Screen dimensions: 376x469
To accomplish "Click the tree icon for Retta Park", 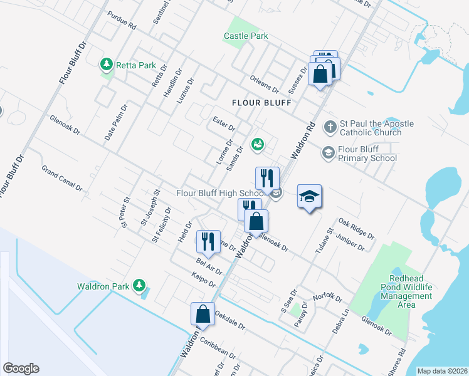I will click(107, 64).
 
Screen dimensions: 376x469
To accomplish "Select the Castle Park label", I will click(246, 36).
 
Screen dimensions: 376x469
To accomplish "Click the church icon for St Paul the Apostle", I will click(330, 128).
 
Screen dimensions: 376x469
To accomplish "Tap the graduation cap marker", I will click(309, 197).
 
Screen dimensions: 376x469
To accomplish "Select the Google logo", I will click(21, 368).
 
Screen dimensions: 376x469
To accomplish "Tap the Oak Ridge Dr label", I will click(356, 229).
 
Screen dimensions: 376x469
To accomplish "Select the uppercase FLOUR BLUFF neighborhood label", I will click(261, 102).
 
